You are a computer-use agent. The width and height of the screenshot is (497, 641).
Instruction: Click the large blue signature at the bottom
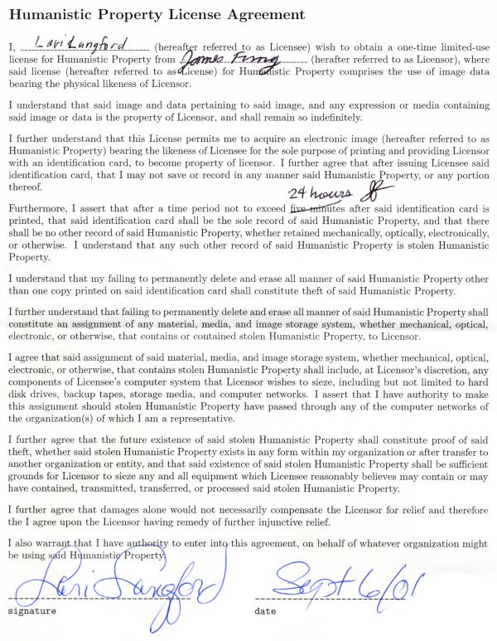point(124,585)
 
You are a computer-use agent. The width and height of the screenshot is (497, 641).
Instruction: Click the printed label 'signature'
point(32,609)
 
